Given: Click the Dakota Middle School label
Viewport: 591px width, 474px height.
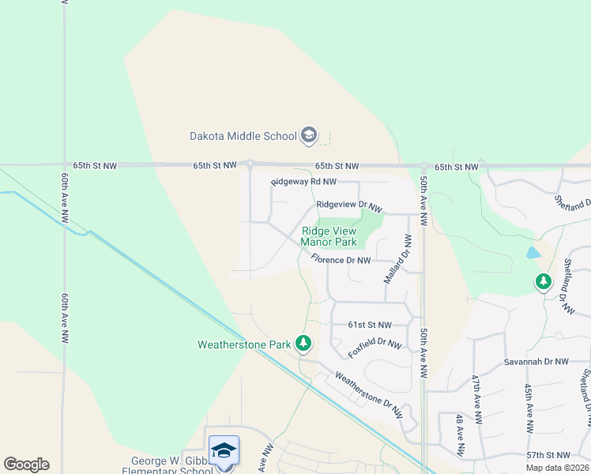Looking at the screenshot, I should (243, 136).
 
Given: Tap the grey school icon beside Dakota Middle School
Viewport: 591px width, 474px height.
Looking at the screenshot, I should (309, 136).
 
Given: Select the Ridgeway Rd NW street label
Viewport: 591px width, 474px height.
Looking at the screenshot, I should (303, 182).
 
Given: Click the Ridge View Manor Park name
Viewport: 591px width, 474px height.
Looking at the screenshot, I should (329, 236).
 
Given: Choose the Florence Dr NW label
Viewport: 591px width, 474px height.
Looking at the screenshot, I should (341, 260).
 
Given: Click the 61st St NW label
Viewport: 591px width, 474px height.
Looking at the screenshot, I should (370, 325).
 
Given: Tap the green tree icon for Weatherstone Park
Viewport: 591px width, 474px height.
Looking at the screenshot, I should (303, 343).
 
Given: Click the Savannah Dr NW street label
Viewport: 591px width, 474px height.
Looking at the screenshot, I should (536, 362).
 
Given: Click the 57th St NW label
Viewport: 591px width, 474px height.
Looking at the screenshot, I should (547, 456).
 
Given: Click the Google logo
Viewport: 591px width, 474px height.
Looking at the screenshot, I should (26, 465).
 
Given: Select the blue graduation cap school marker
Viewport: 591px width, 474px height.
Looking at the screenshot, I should (224, 450).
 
